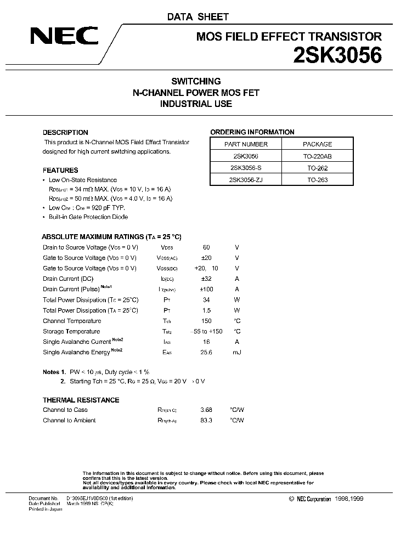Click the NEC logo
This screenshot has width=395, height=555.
click(64, 37)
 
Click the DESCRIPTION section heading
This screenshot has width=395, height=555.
click(65, 132)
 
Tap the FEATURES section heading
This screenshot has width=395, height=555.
click(60, 170)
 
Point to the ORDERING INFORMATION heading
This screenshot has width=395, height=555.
click(252, 132)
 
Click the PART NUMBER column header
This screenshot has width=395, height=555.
click(246, 144)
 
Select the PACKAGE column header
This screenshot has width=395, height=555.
click(318, 144)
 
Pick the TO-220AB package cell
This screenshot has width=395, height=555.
click(318, 156)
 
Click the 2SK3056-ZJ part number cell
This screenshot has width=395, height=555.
click(246, 180)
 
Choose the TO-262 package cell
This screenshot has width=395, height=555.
click(318, 168)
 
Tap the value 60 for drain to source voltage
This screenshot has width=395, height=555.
click(206, 247)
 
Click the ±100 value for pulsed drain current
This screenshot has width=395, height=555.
click(206, 289)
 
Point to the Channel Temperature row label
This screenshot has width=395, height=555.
click(72, 321)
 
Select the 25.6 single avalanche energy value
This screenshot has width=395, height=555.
click(206, 352)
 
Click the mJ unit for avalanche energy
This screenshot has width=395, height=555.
click(237, 352)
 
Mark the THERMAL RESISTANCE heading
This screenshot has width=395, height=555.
click(81, 400)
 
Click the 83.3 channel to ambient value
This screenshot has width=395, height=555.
click(207, 420)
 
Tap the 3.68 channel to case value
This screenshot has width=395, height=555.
click(207, 410)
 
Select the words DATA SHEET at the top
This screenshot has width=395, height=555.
click(198, 17)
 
